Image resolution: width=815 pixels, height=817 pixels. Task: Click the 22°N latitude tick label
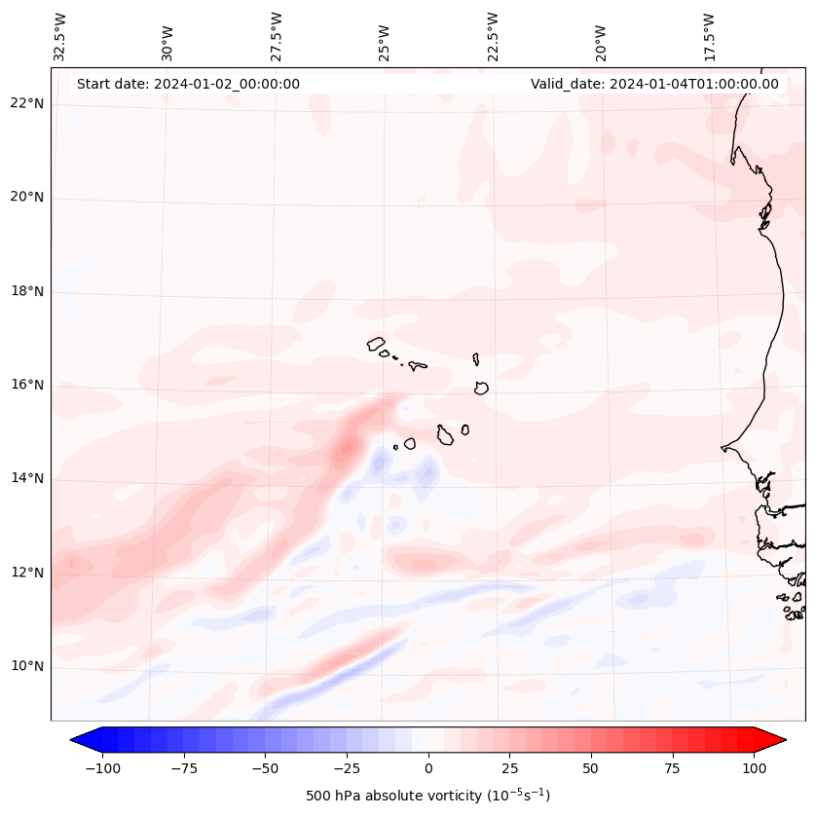click(x=27, y=103)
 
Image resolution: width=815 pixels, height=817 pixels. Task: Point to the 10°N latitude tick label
click(x=27, y=666)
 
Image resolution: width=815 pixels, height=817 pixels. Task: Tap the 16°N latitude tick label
click(x=27, y=385)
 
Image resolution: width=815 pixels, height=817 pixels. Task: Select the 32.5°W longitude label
click(x=60, y=36)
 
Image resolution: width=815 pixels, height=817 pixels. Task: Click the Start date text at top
click(x=188, y=84)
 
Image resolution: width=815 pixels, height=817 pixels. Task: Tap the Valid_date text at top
click(x=654, y=84)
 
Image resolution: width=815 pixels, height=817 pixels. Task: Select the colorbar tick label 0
click(x=428, y=768)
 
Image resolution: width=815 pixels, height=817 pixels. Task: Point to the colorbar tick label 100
click(x=754, y=768)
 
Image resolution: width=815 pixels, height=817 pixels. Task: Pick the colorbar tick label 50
click(x=591, y=768)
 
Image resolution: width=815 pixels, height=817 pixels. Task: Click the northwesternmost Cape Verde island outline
click(x=376, y=344)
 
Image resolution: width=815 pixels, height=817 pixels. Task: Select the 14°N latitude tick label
click(x=27, y=478)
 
